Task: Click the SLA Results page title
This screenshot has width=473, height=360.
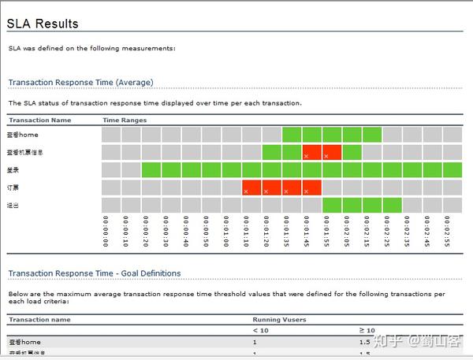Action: pyautogui.click(x=43, y=23)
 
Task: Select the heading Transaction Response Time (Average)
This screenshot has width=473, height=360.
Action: pyautogui.click(x=80, y=82)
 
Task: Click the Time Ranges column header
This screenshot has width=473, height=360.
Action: pyautogui.click(x=124, y=121)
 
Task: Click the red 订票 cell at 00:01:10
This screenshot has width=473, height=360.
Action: pyautogui.click(x=251, y=187)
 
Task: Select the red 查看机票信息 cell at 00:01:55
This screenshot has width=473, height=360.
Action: pyautogui.click(x=331, y=151)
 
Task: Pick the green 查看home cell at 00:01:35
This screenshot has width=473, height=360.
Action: pyautogui.click(x=292, y=134)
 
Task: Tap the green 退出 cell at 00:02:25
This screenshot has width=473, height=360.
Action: pyautogui.click(x=392, y=205)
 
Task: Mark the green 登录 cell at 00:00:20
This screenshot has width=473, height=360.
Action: pyautogui.click(x=151, y=169)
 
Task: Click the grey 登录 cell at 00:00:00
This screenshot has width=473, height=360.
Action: pyautogui.click(x=111, y=169)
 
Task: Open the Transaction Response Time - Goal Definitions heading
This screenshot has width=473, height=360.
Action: pyautogui.click(x=95, y=273)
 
